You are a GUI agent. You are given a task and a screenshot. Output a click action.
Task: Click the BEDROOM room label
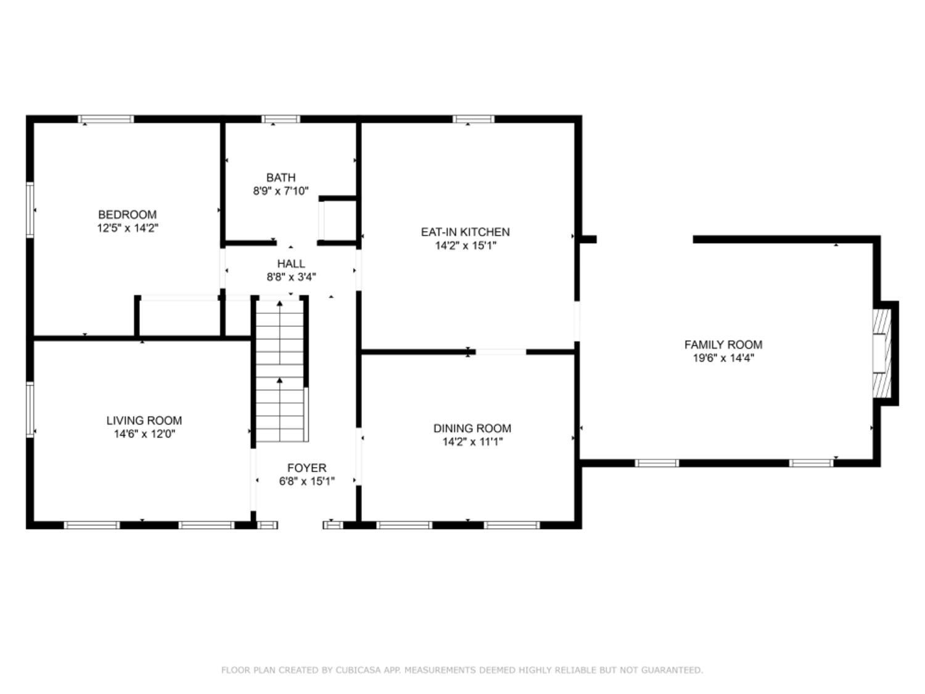(x=127, y=215)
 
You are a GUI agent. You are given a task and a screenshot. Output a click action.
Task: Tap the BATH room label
(x=281, y=178)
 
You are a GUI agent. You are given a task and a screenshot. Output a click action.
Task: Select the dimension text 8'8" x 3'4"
(x=291, y=278)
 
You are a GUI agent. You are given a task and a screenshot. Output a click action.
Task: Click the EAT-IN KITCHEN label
(x=465, y=232)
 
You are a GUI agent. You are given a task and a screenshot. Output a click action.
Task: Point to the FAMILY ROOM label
(x=723, y=345)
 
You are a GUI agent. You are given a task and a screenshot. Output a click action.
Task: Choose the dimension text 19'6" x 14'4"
(x=723, y=358)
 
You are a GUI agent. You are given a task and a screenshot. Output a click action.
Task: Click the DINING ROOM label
(x=472, y=428)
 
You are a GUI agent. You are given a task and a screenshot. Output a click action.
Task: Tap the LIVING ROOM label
(x=144, y=421)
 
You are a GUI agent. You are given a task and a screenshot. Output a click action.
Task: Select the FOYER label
(x=306, y=468)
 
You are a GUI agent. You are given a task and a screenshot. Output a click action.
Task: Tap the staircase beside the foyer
(x=281, y=370)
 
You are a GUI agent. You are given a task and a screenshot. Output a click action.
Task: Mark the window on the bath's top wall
(x=281, y=119)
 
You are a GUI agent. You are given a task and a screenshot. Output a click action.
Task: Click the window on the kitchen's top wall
(x=473, y=119)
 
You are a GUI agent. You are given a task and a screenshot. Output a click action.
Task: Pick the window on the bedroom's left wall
(x=30, y=210)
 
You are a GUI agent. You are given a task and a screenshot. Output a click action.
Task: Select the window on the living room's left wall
(x=30, y=410)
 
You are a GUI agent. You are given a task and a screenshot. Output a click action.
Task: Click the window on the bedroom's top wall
(x=105, y=119)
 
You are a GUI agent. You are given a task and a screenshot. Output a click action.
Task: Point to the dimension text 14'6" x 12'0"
(x=144, y=434)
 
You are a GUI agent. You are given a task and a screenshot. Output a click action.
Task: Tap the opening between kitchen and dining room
(x=501, y=352)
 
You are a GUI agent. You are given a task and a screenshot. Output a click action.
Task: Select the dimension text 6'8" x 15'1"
(x=306, y=482)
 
